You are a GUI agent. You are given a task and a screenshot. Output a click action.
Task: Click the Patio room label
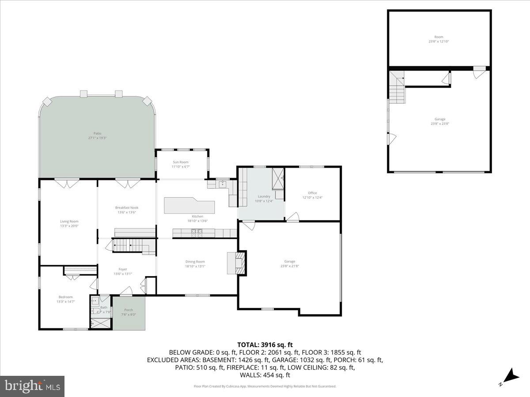(97, 133)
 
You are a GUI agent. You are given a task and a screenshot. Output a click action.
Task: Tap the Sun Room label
(180, 162)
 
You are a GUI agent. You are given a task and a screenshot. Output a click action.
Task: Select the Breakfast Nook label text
(126, 207)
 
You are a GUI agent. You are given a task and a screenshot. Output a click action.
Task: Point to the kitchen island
(189, 206)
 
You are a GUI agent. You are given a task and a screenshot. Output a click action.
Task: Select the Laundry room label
(264, 196)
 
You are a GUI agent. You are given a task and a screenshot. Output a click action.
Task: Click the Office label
(312, 193)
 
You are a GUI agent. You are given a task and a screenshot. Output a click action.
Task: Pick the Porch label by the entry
(129, 310)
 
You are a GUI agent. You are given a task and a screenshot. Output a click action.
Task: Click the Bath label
(104, 307)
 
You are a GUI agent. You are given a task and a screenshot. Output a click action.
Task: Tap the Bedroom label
(65, 297)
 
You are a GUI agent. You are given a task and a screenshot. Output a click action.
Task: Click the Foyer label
(122, 269)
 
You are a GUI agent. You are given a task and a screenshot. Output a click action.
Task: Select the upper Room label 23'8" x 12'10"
(439, 37)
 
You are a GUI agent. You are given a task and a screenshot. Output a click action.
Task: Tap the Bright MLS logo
(32, 386)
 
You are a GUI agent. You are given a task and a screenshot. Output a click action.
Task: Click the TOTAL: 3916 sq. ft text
(265, 345)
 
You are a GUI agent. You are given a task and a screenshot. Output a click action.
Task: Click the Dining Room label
(195, 262)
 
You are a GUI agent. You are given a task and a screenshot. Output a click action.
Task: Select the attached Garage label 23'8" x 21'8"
(289, 261)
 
